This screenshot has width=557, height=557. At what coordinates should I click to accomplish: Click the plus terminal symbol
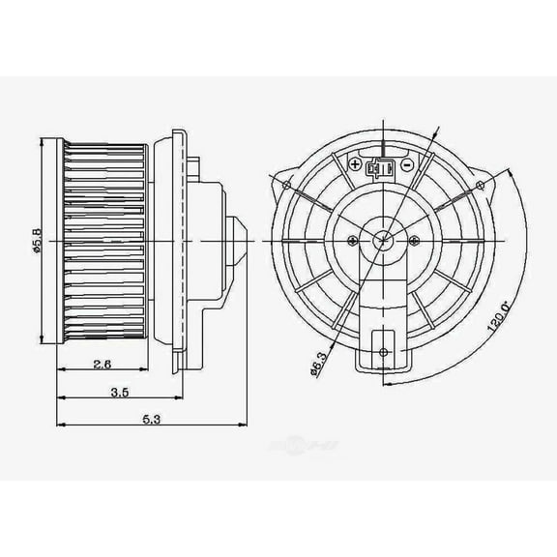(x=357, y=165)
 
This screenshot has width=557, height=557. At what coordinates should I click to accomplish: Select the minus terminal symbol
(x=407, y=165)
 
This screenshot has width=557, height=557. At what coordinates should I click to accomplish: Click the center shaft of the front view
(x=381, y=238)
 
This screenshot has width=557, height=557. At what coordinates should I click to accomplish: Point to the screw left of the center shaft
(x=351, y=238)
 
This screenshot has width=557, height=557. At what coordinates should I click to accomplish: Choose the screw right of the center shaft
(x=411, y=238)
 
